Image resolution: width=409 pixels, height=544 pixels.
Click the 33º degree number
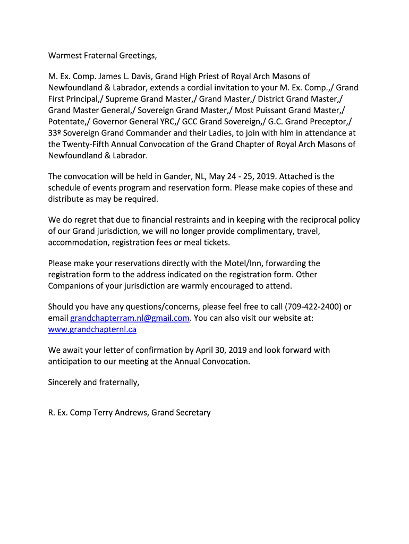[55, 133]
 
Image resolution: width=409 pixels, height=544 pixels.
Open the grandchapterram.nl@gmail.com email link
[130, 318]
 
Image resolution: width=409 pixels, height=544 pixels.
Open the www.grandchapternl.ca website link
[92, 329]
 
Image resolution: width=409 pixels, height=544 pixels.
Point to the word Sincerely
[65, 382]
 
